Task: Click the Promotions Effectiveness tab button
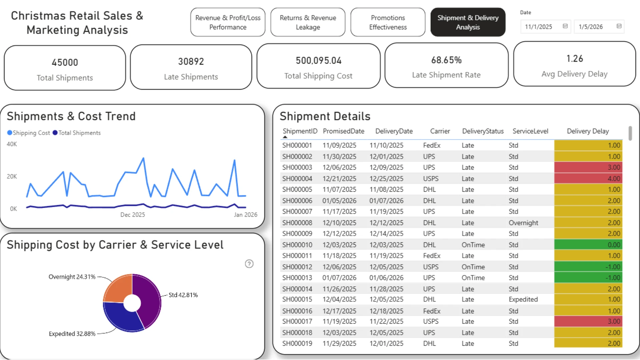point(388,22)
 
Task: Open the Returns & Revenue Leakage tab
point(308,22)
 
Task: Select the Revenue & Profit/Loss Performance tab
point(228,22)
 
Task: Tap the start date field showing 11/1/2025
point(546,27)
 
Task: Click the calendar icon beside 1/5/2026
point(619,26)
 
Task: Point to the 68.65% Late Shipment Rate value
point(446,60)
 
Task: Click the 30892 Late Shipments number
point(191,61)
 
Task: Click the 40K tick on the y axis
point(12,144)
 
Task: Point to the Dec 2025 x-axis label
point(133,215)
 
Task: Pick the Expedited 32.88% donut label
point(72,334)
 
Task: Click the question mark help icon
point(249,264)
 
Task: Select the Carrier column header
point(440,131)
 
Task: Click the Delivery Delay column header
point(588,131)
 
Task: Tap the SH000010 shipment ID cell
point(297,245)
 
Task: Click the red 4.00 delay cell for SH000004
point(588,178)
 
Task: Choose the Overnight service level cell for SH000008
point(523,223)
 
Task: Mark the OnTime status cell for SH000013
point(473,278)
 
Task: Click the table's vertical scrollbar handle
point(630,133)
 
